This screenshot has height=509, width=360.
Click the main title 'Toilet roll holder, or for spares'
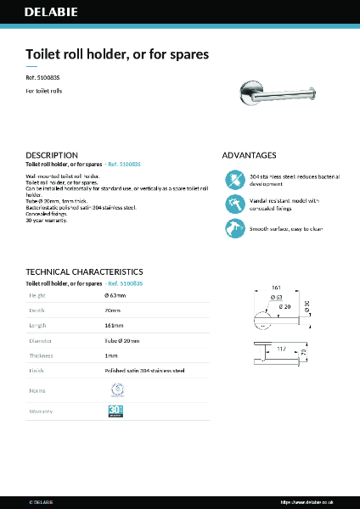[117, 54]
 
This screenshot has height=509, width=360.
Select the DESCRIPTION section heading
[52, 155]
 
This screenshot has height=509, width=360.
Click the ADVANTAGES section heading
[249, 155]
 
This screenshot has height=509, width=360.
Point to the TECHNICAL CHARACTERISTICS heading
[84, 272]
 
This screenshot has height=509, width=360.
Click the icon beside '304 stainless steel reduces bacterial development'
[234, 180]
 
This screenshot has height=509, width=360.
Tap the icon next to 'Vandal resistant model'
[234, 204]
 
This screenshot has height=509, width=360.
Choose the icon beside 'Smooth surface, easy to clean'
[234, 227]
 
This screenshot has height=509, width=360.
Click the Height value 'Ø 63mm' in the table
[115, 295]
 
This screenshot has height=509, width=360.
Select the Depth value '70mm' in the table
[112, 310]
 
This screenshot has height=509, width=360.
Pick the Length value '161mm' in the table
[114, 325]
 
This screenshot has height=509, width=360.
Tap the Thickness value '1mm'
[111, 355]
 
